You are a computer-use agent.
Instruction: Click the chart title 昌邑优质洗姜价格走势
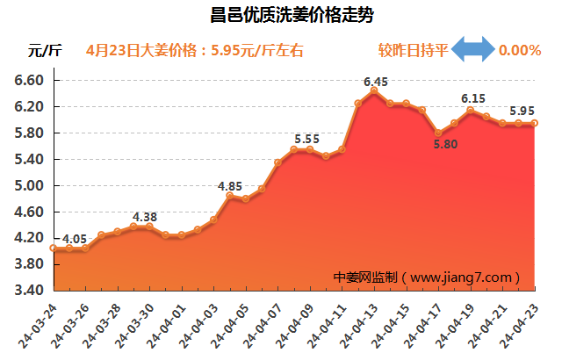coord(281,15)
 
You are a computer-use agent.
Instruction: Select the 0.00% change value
coord(519,51)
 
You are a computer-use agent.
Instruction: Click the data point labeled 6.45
coord(374,90)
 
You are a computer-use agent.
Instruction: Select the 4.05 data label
coord(75,238)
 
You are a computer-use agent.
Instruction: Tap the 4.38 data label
coord(145,217)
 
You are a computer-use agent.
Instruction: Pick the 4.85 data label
coord(230,186)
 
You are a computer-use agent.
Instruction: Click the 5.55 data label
coord(306,139)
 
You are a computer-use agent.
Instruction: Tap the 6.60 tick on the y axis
coord(29,80)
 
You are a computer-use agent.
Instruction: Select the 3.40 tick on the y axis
coord(29,291)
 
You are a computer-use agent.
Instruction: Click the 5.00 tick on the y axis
coord(29,185)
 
